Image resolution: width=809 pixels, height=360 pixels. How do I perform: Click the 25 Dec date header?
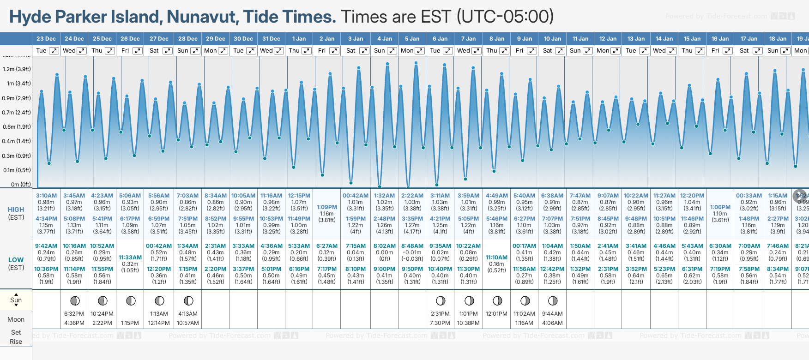pyautogui.click(x=102, y=39)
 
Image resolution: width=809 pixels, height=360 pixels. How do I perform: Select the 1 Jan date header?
pyautogui.click(x=299, y=39)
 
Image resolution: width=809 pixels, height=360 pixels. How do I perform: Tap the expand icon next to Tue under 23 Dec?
pyautogui.click(x=54, y=51)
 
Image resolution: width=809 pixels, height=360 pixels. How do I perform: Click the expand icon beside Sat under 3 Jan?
pyautogui.click(x=364, y=51)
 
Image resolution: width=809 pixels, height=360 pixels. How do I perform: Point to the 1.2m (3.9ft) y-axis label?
pyautogui.click(x=17, y=69)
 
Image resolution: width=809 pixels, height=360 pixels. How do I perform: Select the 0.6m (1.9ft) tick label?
pyautogui.click(x=17, y=127)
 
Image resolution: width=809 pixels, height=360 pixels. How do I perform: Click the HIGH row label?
pyautogui.click(x=16, y=210)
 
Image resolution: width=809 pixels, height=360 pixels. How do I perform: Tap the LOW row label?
pyautogui.click(x=16, y=260)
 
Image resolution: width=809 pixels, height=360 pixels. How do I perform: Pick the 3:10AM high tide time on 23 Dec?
pyautogui.click(x=46, y=196)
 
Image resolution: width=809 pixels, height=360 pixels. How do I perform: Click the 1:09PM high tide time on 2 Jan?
pyautogui.click(x=327, y=207)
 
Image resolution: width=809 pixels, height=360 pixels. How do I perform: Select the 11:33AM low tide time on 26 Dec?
pyautogui.click(x=130, y=258)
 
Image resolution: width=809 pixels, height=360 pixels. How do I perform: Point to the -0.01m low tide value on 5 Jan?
pyautogui.click(x=412, y=252)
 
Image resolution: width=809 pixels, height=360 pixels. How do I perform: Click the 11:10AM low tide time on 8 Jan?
pyautogui.click(x=497, y=258)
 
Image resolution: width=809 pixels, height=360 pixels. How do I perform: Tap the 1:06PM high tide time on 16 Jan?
pyautogui.click(x=720, y=207)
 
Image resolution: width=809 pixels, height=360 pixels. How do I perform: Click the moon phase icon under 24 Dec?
pyautogui.click(x=75, y=301)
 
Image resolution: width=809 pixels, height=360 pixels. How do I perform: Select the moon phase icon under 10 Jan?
pyautogui.click(x=552, y=301)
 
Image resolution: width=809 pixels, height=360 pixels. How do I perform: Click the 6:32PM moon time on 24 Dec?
pyautogui.click(x=74, y=314)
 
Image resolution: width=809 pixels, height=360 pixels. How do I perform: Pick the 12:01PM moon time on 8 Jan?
pyautogui.click(x=497, y=314)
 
